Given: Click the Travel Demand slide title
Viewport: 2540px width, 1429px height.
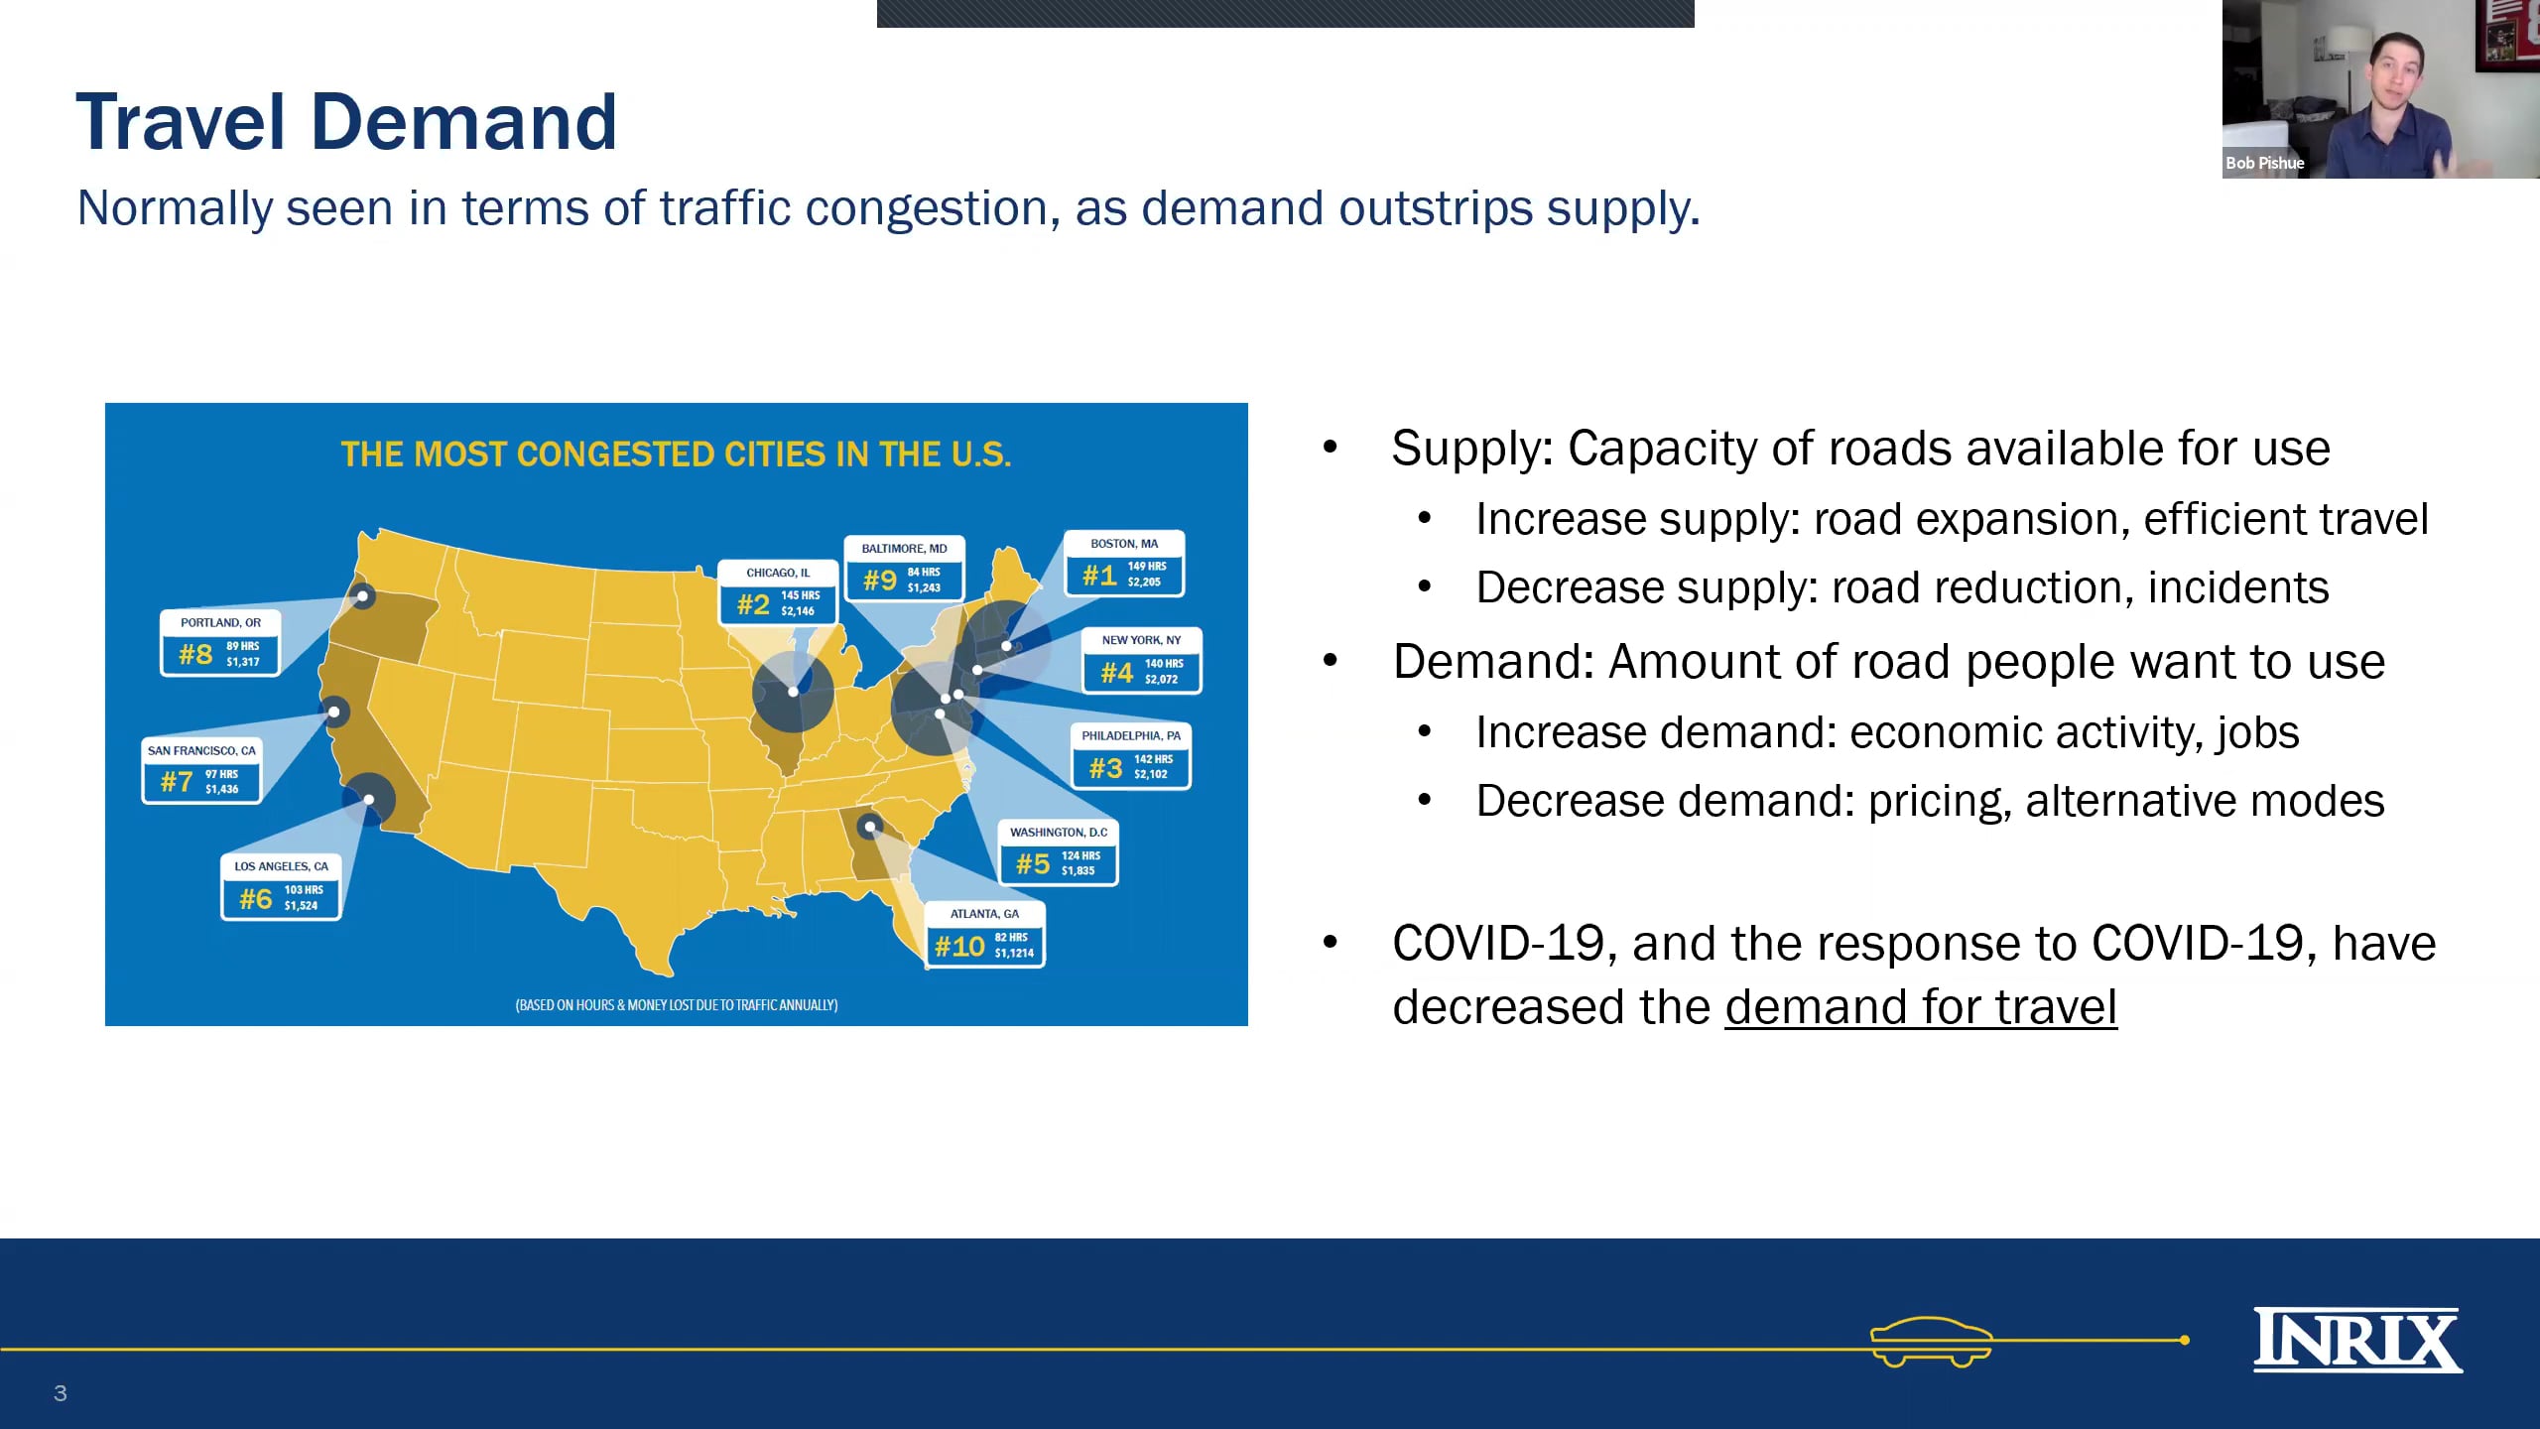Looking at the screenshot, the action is pos(346,122).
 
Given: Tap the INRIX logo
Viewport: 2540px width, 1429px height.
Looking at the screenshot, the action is pos(2357,1340).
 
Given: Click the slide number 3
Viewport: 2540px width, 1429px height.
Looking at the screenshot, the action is pos(61,1393).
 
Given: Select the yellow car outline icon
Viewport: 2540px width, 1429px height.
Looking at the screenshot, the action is pos(1931,1342).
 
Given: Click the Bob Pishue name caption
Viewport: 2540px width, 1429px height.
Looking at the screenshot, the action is pos(2264,163).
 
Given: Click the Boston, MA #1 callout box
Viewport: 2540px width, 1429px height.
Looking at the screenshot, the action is pos(1124,563).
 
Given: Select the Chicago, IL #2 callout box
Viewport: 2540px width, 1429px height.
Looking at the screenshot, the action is pos(779,591).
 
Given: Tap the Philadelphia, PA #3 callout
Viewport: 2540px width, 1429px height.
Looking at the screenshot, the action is pos(1131,755).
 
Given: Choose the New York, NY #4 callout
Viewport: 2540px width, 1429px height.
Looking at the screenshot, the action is pos(1141,660).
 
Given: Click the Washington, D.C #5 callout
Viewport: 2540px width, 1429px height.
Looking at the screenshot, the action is pos(1059,851).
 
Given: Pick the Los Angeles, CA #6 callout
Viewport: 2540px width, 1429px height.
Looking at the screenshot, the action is pos(281,886).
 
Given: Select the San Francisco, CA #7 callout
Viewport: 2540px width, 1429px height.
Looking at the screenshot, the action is pos(201,770).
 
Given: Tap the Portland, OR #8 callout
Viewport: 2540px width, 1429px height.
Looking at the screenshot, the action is pos(220,642).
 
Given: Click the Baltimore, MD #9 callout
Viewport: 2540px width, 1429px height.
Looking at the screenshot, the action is pos(904,568).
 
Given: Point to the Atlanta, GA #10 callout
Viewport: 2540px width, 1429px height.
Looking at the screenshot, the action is pos(984,934).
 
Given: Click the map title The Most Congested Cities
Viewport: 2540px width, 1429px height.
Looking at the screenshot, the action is pos(676,455).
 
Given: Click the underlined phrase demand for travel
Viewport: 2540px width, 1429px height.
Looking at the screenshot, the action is pos(1921,1007).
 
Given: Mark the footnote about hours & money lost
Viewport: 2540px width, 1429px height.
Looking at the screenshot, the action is pos(677,1005).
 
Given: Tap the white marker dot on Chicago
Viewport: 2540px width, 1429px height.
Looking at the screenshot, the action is pos(793,692).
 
